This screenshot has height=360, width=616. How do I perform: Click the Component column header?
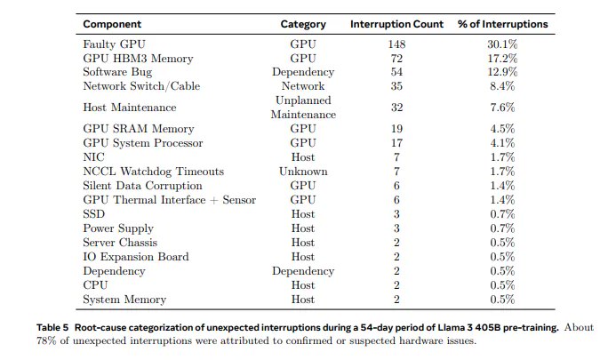116,24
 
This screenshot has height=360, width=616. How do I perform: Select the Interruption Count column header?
396,24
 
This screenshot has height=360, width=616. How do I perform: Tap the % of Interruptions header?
503,24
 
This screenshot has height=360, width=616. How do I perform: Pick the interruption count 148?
396,44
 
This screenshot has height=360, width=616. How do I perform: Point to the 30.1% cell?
503,44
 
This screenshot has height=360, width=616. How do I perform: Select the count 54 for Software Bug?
396,72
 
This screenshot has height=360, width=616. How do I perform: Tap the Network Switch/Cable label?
141,86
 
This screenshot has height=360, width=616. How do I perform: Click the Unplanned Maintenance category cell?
303,108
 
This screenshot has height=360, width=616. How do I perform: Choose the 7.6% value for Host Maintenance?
503,108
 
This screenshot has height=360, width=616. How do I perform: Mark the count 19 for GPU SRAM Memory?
396,129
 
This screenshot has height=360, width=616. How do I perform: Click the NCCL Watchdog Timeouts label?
153,172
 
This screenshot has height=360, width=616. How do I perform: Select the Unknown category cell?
303,172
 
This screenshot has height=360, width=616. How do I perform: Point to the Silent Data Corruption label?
142,186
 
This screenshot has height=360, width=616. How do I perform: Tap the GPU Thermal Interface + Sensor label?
169,200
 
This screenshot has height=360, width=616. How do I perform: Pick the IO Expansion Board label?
136,257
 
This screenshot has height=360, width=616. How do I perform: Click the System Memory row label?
125,300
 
